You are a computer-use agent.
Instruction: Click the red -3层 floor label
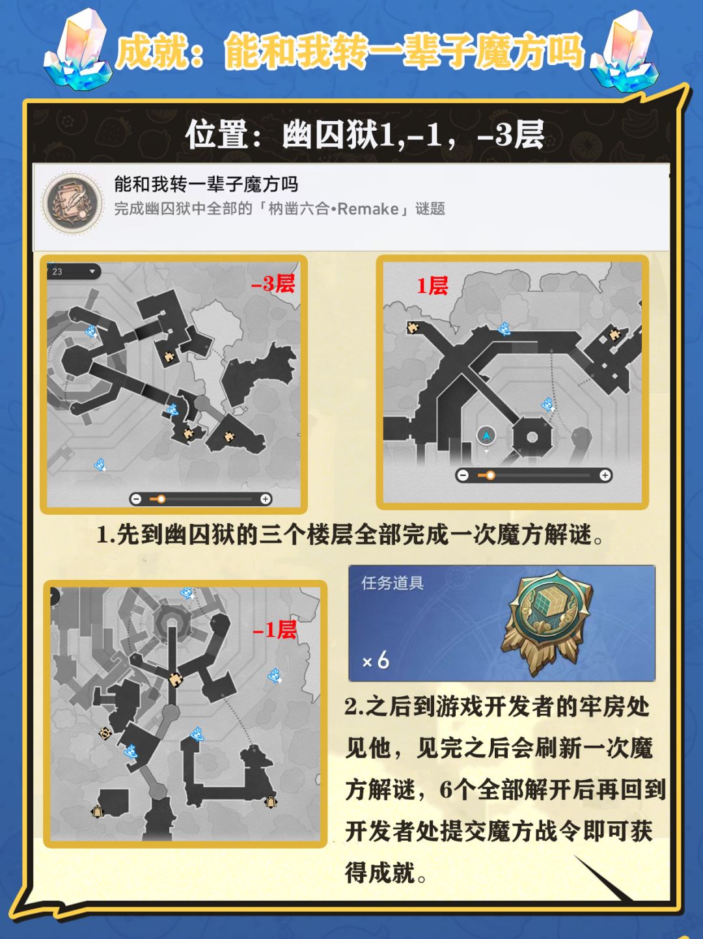point(273,283)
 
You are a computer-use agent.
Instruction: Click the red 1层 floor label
point(432,285)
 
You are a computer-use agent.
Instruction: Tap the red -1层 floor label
point(275,630)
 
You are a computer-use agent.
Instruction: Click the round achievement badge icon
point(72,204)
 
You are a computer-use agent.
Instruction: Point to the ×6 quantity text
point(376,660)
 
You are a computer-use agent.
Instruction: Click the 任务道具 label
point(393,584)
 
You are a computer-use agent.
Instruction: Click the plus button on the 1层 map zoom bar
point(605,475)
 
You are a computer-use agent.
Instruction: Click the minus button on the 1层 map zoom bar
point(463,475)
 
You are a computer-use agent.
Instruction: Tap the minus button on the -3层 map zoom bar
point(135,499)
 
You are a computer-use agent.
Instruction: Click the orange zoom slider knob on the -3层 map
point(161,499)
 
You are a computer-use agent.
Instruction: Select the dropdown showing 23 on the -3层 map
point(74,271)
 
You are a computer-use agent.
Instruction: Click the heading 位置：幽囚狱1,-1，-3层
point(365,135)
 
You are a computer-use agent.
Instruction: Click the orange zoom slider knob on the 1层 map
point(490,475)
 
